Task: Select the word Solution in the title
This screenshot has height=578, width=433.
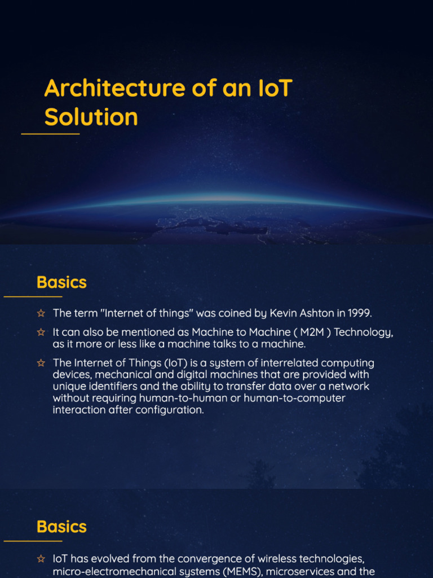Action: click(x=91, y=117)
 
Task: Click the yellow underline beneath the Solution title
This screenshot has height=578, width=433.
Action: click(x=50, y=134)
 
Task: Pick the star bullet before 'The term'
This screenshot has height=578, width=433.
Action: click(x=41, y=313)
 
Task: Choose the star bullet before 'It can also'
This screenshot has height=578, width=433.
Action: click(x=41, y=332)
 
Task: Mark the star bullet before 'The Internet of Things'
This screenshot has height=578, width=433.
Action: click(x=41, y=363)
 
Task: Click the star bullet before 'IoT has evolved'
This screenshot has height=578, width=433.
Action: click(x=41, y=559)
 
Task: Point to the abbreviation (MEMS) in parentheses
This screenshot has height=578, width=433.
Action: click(x=241, y=572)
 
